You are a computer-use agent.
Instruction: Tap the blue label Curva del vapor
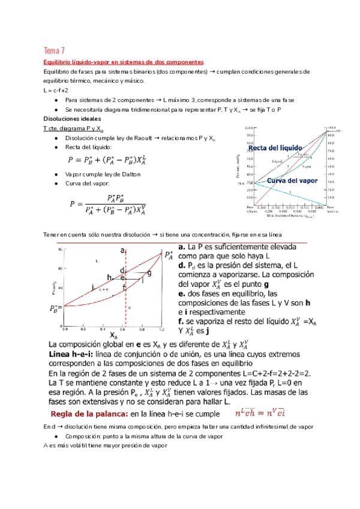point(292,181)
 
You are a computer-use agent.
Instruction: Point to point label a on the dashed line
point(122,250)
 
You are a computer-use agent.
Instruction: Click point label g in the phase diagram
point(148,273)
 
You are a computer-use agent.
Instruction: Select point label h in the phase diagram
point(109,277)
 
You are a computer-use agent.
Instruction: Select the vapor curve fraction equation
point(109,203)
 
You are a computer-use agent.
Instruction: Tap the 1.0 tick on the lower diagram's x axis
point(161,329)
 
